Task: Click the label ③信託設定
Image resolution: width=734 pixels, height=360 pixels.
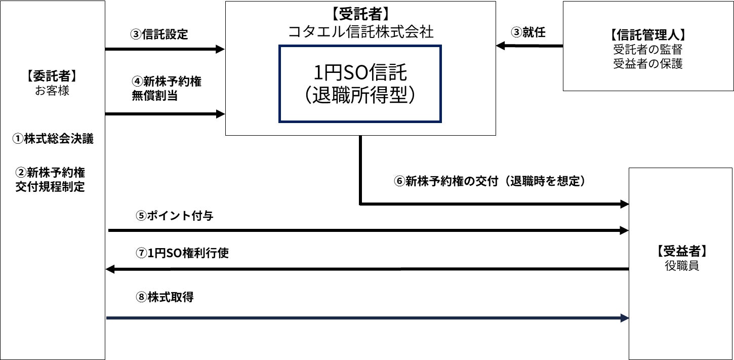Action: tap(159, 34)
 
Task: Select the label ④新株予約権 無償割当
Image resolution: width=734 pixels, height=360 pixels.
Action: tap(166, 89)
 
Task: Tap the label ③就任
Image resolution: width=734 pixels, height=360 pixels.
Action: tap(528, 32)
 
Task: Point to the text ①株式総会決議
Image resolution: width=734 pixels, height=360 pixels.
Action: tap(53, 139)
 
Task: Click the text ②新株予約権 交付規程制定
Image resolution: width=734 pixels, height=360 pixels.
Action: tap(50, 179)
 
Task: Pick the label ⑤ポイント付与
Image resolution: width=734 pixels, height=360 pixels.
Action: tap(174, 215)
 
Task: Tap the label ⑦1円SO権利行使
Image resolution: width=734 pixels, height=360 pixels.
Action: tap(182, 253)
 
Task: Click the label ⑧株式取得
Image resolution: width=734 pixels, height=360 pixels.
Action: tap(165, 297)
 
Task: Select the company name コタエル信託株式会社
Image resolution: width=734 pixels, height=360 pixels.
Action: tap(360, 31)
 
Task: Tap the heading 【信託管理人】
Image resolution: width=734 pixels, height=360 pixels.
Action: tap(647, 35)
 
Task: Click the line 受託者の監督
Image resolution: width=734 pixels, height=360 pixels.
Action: tap(647, 50)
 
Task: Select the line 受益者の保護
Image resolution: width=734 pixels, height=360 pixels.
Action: tap(647, 64)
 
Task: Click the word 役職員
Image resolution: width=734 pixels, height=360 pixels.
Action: tap(681, 266)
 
